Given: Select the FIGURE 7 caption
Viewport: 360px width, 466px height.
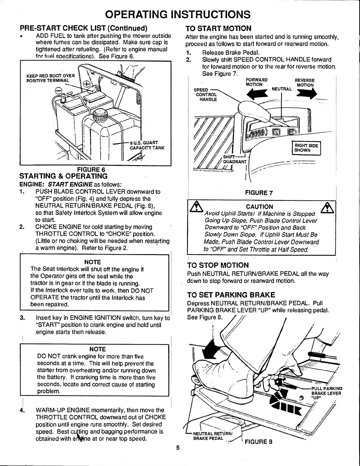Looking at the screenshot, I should tap(259, 193).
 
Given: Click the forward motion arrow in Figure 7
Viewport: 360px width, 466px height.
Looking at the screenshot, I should tap(258, 94).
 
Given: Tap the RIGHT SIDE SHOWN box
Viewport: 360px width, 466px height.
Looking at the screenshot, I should tap(306, 148).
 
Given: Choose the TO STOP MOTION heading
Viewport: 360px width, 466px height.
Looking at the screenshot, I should tap(218, 265).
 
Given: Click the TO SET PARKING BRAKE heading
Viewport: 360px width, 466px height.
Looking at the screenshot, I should tap(231, 295).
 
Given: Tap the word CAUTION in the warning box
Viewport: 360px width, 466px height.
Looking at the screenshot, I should tap(259, 207).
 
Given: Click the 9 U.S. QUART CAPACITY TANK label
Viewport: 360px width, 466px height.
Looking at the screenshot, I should tap(146, 145).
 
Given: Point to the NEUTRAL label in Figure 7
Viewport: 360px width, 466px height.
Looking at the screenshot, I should tap(281, 89).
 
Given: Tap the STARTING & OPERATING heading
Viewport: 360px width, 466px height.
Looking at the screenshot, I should tap(63, 176).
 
